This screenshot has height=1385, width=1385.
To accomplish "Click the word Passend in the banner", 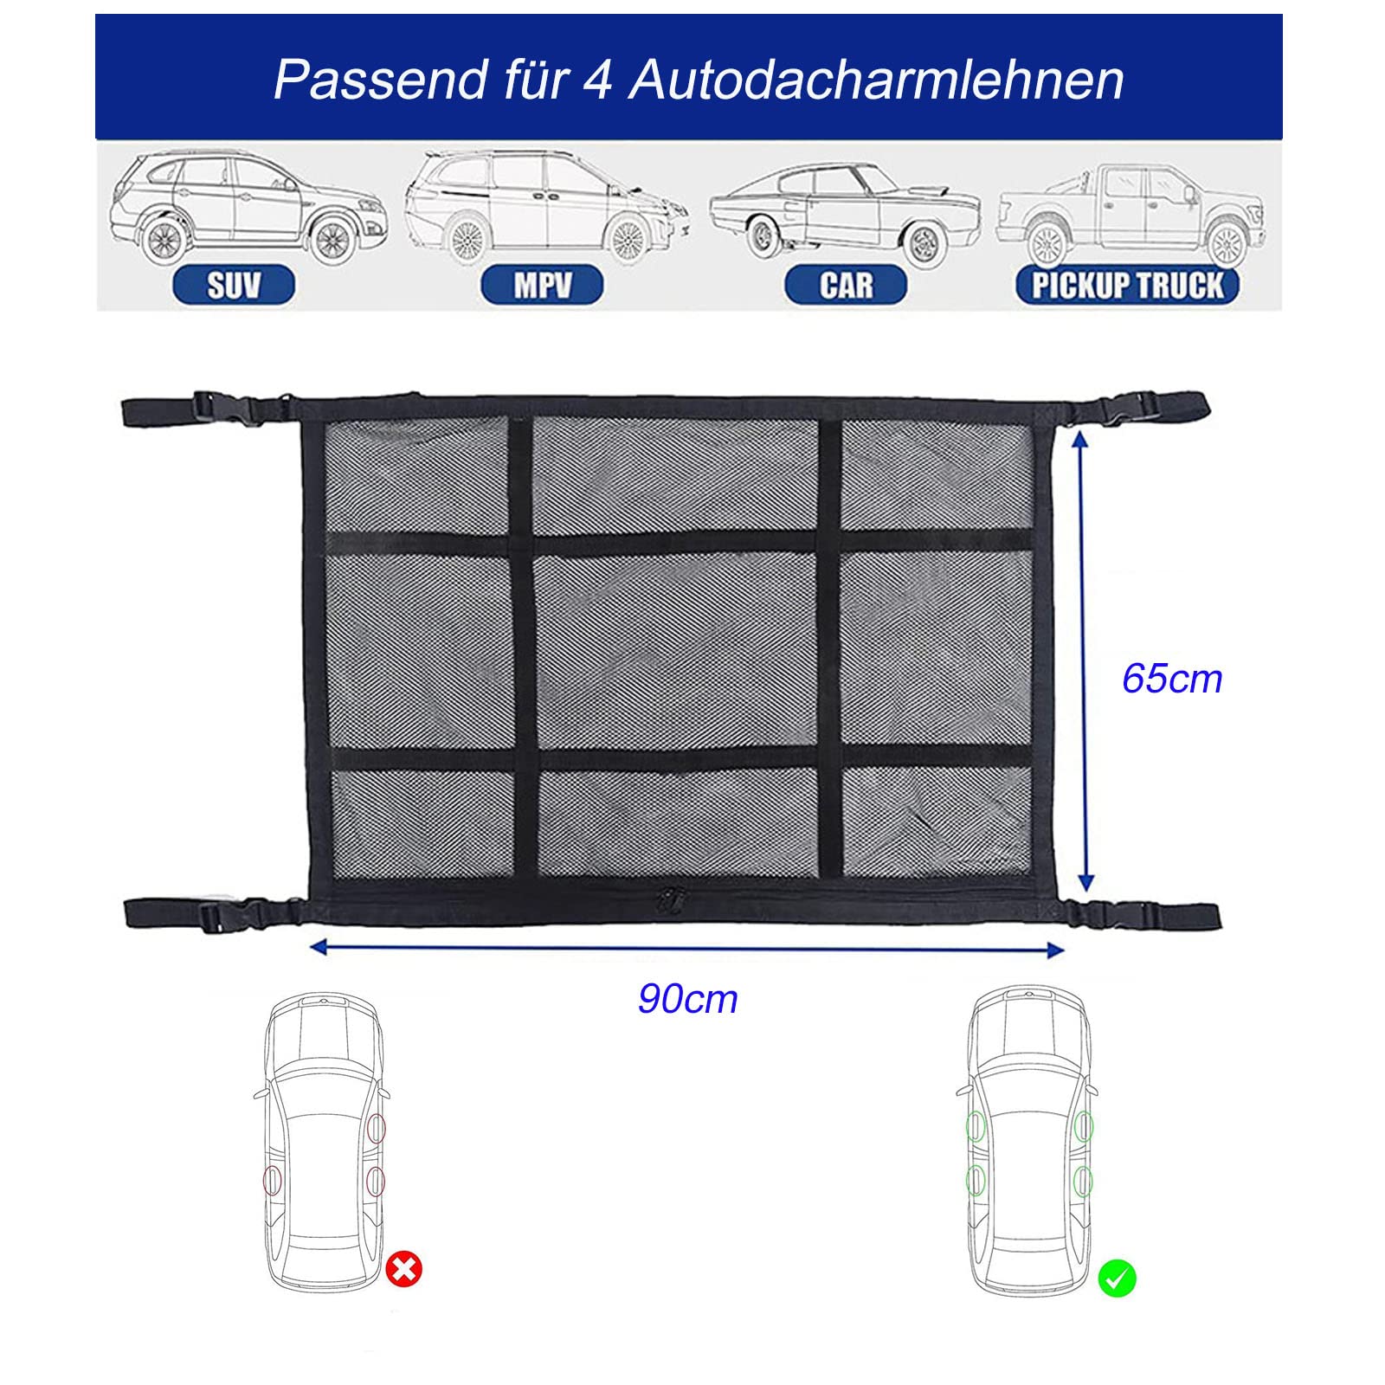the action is click(382, 80).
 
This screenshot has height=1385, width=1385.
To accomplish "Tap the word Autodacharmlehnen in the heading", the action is click(876, 80).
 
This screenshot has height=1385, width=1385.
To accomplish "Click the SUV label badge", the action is click(234, 285).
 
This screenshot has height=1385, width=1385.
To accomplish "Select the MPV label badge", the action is click(542, 285).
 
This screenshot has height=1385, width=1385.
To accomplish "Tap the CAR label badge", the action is click(846, 285).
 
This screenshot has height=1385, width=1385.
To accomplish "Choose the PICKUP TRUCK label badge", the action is click(1127, 285).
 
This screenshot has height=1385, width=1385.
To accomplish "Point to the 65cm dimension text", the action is click(1172, 679).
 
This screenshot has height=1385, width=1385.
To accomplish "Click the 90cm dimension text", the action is click(688, 999).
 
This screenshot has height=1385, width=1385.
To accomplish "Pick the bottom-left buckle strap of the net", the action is click(212, 915).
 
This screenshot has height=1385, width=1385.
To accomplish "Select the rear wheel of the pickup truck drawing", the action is click(1047, 244).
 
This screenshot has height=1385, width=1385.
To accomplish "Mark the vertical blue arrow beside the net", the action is click(1082, 662).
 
